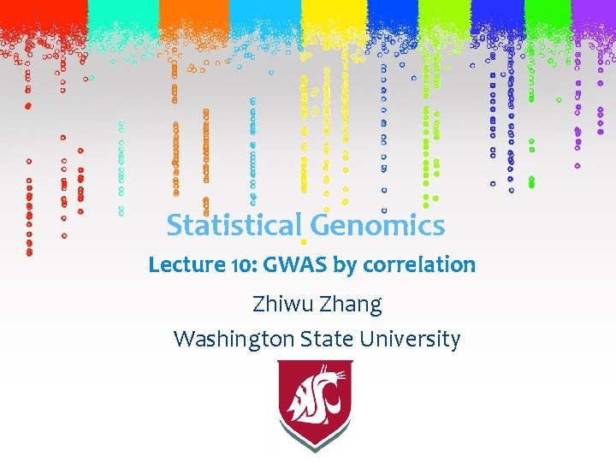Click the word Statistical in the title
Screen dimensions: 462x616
click(234, 226)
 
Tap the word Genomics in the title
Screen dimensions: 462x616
click(377, 226)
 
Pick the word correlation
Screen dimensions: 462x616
click(419, 265)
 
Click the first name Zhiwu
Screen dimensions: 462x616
click(281, 304)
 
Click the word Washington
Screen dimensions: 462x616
click(234, 340)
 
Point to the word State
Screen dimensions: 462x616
click(328, 340)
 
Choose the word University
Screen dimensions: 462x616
click(410, 340)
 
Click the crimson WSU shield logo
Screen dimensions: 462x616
click(316, 403)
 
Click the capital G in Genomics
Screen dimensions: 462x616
click(321, 226)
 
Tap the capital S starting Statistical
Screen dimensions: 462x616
click(175, 226)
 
